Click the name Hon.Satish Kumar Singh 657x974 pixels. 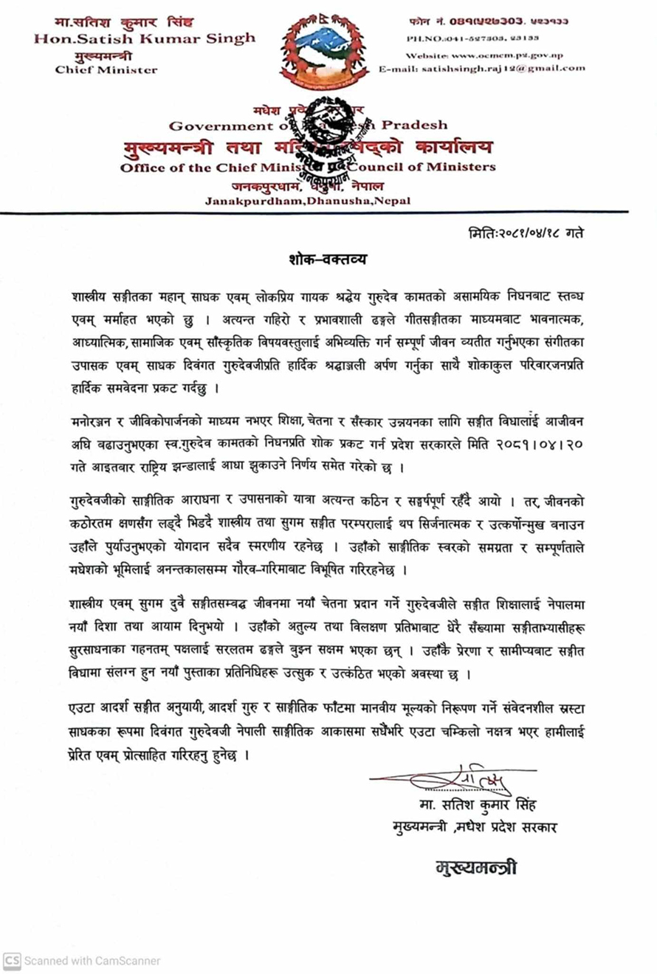145,38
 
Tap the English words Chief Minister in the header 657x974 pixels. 106,70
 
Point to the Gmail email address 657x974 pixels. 481,68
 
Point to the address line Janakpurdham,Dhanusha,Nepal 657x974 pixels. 309,200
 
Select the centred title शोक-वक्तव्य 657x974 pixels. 328,261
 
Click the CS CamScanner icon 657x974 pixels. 12,960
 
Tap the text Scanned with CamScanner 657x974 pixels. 92,961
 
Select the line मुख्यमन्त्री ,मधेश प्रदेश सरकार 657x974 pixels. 475,826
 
